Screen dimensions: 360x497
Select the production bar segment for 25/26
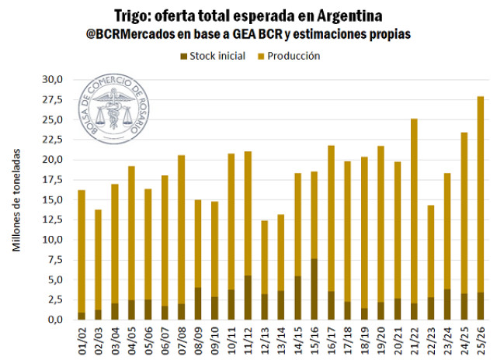pyautogui.click(x=481, y=194)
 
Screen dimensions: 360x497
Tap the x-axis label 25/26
pyautogui.click(x=481, y=339)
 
